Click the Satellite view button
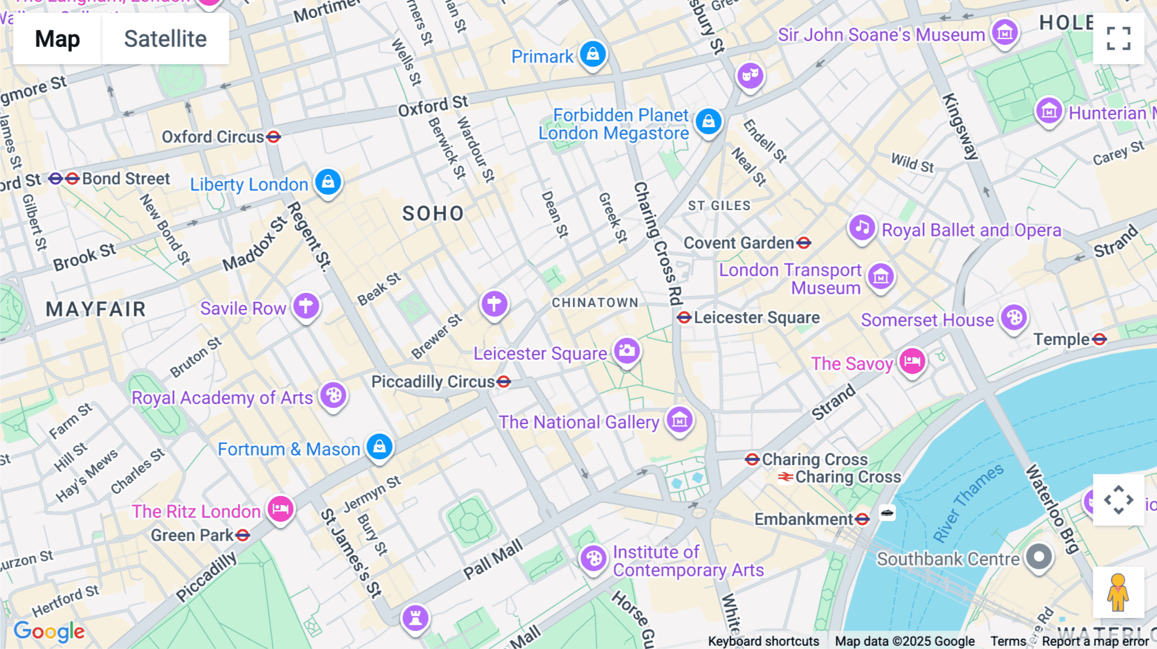(x=165, y=39)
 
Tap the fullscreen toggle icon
(x=1118, y=39)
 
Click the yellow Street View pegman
(x=1118, y=592)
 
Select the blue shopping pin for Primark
(x=593, y=54)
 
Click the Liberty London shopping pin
(x=328, y=182)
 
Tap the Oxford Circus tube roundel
(x=274, y=137)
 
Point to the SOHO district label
(x=433, y=213)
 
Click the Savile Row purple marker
(x=306, y=306)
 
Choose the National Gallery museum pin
(x=679, y=420)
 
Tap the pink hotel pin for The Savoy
(x=912, y=362)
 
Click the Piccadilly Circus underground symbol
(x=504, y=382)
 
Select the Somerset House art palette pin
(x=1014, y=318)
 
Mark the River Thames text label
(x=968, y=503)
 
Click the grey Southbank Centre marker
(x=1039, y=557)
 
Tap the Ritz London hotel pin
(x=280, y=510)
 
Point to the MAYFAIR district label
(x=96, y=309)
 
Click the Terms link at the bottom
(x=1008, y=641)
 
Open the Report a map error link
(x=1095, y=641)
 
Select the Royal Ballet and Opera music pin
(x=862, y=227)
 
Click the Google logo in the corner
(x=49, y=631)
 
